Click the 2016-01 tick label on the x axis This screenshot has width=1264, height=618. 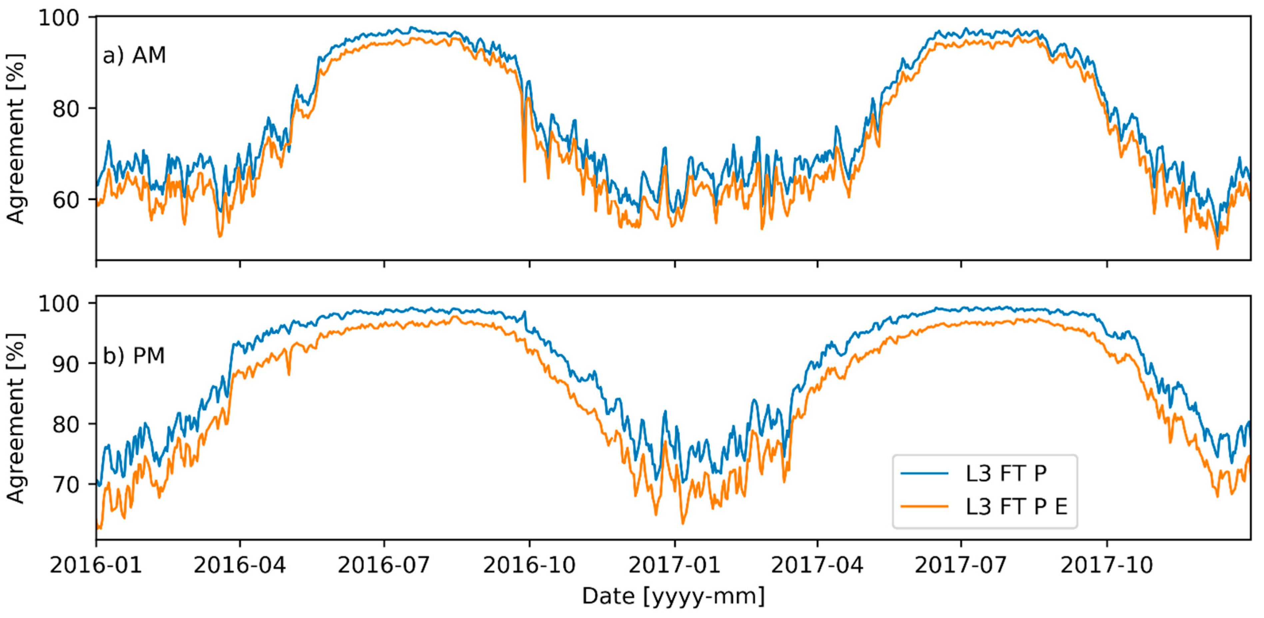click(x=96, y=565)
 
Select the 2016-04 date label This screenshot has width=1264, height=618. click(x=240, y=565)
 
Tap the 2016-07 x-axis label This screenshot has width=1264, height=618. click(x=384, y=565)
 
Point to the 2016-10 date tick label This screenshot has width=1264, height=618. click(x=529, y=565)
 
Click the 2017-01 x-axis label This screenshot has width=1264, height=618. click(x=675, y=565)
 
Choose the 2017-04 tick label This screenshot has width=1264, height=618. click(x=817, y=565)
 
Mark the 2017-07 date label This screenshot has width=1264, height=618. click(x=961, y=565)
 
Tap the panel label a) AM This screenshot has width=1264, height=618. click(x=134, y=55)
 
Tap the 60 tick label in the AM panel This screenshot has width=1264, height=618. click(x=65, y=200)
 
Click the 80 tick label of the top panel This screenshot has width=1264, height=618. click(x=65, y=108)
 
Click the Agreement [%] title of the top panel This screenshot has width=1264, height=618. click(x=16, y=139)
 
